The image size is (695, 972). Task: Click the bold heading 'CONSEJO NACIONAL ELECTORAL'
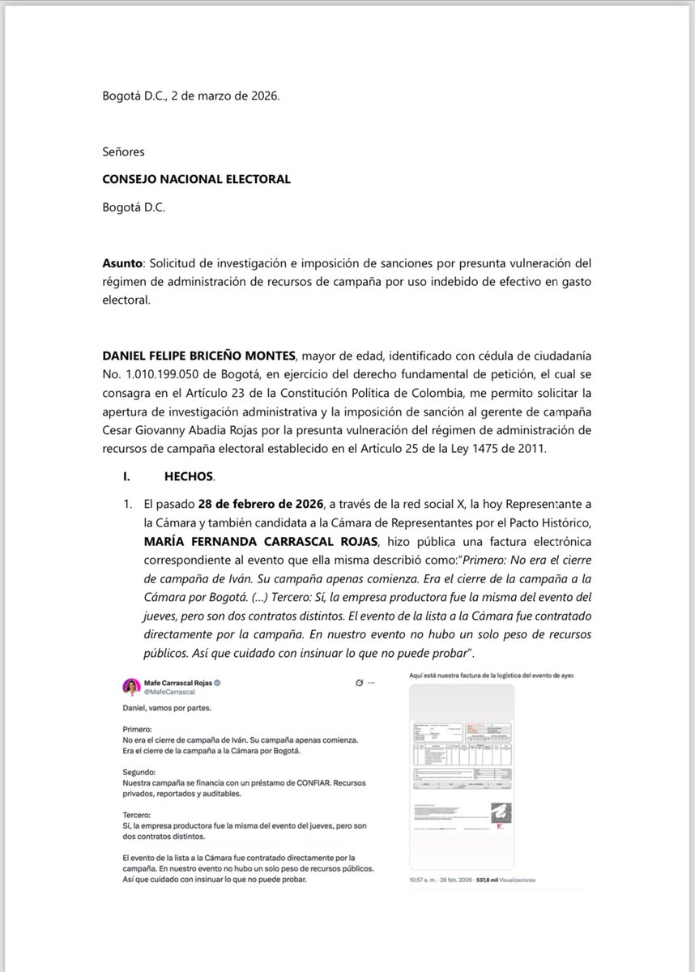point(196,179)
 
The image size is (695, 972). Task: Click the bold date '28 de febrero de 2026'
point(261,503)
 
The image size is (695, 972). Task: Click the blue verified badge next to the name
point(218,682)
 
